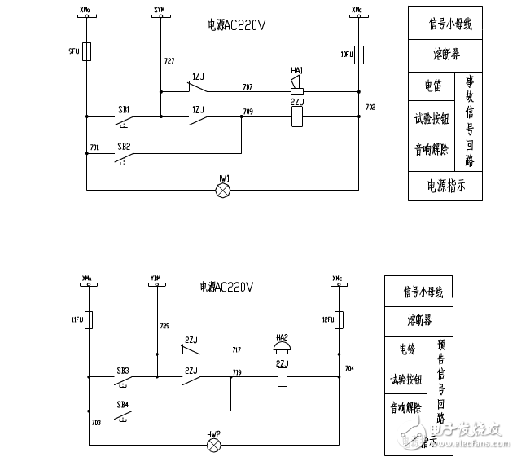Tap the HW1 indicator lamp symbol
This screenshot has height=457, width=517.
[x=222, y=190]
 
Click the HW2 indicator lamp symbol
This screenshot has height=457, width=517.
[x=214, y=446]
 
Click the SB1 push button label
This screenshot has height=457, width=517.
[x=124, y=109]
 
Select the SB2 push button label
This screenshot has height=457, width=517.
[x=124, y=145]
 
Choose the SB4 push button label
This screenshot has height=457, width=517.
[x=122, y=404]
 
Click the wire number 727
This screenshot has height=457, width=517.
[x=169, y=61]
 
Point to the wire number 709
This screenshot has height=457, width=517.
[x=248, y=110]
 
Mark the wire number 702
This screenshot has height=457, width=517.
[x=370, y=107]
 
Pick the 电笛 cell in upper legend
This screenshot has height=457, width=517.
[x=432, y=86]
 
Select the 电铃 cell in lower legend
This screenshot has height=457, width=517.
[x=406, y=349]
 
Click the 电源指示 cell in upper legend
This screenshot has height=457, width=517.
[x=445, y=186]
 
